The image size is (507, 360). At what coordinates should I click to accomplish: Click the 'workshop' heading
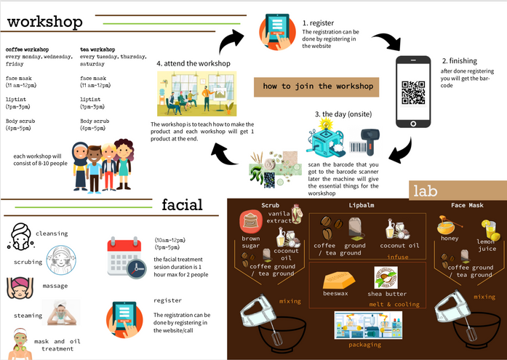[45, 22]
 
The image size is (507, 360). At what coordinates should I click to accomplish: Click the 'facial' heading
[182, 204]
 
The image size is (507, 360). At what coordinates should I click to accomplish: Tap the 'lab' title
[426, 191]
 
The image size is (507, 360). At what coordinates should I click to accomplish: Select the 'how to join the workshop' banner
[318, 87]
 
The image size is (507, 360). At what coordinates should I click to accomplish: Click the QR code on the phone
[412, 93]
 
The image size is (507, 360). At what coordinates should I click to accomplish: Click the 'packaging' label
[364, 344]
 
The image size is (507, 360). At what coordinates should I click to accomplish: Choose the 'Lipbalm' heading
[362, 205]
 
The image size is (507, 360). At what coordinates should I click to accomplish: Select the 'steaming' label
[28, 316]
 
